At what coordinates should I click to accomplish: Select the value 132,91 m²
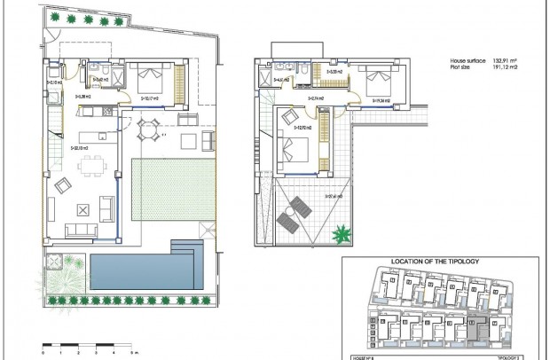[507, 59]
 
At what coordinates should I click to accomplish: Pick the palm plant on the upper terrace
[341, 234]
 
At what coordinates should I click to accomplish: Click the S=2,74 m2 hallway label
[316, 98]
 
